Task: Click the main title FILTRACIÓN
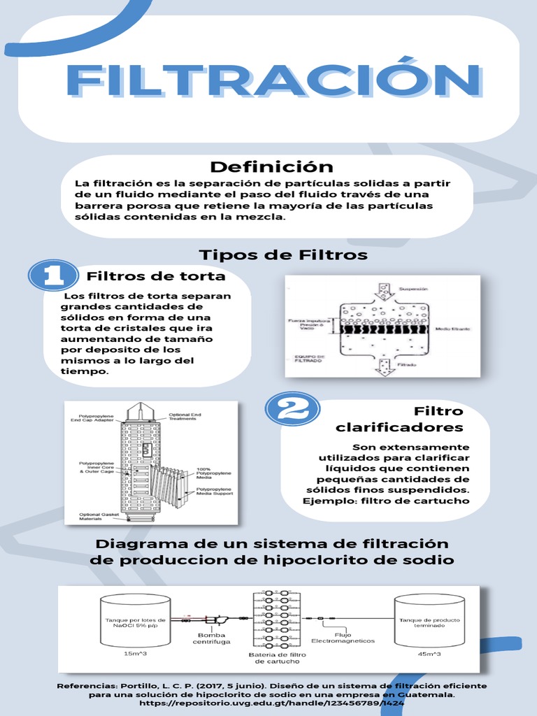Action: (273, 81)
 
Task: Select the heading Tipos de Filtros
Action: (283, 255)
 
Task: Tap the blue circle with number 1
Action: (52, 275)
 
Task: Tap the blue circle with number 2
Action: (292, 408)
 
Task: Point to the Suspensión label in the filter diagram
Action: (413, 288)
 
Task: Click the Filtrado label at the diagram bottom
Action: (408, 365)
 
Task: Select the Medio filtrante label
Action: (452, 328)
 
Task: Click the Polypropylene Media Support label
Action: (215, 491)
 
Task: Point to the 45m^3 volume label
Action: (429, 654)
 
